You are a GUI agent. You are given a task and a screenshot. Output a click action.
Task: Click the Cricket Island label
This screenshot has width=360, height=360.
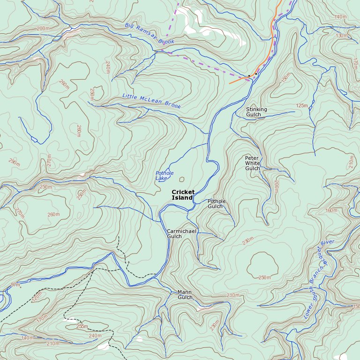[183, 195]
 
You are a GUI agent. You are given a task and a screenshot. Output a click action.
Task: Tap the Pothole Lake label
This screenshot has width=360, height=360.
[165, 176]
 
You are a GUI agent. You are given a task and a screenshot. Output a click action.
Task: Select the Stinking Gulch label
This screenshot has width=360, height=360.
[256, 112]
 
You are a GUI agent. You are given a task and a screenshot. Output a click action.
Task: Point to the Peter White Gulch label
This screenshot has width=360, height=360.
[252, 163]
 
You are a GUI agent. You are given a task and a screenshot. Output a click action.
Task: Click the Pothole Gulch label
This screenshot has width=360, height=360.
[217, 204]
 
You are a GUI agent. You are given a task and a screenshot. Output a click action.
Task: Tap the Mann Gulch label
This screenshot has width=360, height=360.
[185, 294]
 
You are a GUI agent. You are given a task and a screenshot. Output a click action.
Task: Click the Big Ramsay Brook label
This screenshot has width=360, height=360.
[150, 34]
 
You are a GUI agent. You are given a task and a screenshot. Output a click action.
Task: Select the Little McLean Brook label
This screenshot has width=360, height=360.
[151, 101]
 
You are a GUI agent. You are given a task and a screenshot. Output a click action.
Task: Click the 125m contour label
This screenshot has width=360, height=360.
[302, 106]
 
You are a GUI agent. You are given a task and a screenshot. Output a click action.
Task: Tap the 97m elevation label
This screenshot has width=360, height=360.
[16, 285]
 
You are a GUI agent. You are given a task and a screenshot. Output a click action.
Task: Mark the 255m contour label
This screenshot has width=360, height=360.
[82, 326]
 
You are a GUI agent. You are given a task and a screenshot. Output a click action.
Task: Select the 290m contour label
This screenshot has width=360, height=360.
[15, 162]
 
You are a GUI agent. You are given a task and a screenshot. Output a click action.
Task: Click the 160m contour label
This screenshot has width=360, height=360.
[331, 210]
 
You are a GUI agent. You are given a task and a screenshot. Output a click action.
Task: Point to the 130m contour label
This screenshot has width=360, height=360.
[342, 36]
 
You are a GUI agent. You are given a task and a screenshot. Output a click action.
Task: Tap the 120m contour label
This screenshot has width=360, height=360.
[36, 296]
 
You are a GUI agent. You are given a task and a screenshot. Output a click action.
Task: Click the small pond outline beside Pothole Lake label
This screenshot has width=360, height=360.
[182, 179]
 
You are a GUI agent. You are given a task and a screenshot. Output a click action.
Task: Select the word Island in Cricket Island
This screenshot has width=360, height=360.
[182, 198]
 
